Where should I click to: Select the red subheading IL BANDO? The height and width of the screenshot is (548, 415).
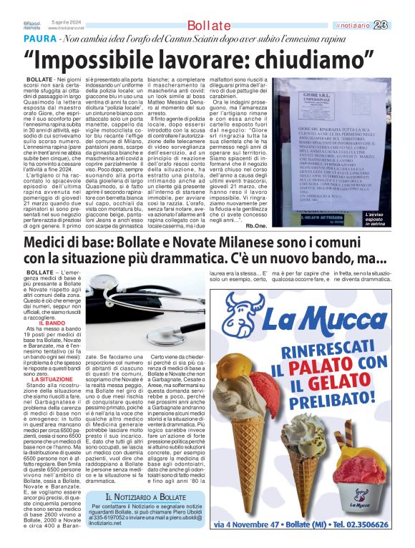(52, 323)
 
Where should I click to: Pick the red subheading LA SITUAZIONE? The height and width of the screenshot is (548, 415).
(52, 378)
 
